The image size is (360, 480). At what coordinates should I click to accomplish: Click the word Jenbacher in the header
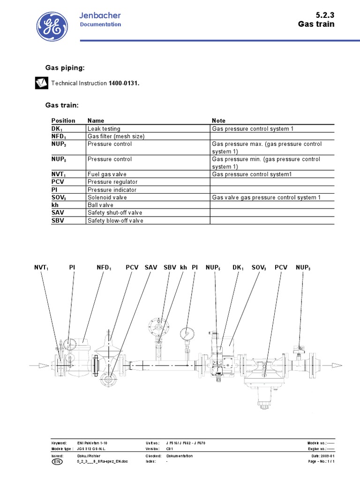[x=101, y=16]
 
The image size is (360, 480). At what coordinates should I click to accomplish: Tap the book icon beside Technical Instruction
[x=41, y=83]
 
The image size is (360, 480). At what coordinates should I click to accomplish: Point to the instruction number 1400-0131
[x=124, y=83]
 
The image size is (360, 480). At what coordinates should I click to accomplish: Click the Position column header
[x=63, y=120]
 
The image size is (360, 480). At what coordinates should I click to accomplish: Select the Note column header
[x=218, y=120]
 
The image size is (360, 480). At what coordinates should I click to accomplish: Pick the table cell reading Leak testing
[x=104, y=128]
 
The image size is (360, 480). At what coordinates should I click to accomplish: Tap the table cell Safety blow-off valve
[x=115, y=220]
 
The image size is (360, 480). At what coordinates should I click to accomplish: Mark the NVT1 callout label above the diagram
[x=41, y=267]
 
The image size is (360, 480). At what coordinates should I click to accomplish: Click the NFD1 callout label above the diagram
[x=104, y=267]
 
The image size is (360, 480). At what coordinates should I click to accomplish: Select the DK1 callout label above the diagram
[x=238, y=267]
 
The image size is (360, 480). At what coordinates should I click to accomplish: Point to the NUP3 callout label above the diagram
[x=303, y=267]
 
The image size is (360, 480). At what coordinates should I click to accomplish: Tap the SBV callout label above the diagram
[x=170, y=267]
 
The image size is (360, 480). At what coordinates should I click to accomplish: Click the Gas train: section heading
[x=62, y=105]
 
